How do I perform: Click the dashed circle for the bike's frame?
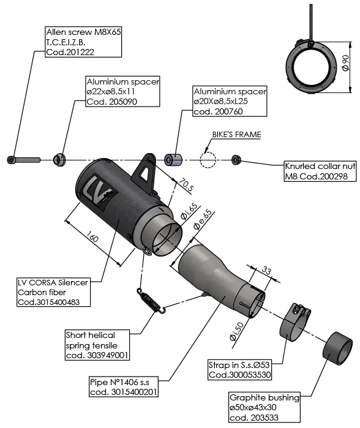[x=208, y=160]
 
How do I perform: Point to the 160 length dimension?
[x=92, y=236]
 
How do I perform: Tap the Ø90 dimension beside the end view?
[x=345, y=62]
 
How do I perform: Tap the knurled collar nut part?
[x=236, y=160]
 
